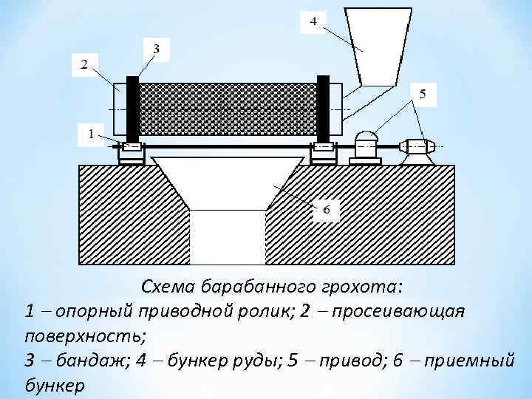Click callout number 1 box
(x=92, y=134)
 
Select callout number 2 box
(x=83, y=64)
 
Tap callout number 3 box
(x=156, y=49)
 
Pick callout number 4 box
(x=313, y=22)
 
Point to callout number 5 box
(x=422, y=94)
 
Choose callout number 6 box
(x=327, y=210)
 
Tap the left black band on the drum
(x=133, y=108)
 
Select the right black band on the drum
(x=323, y=108)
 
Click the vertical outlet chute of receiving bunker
(x=228, y=236)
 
